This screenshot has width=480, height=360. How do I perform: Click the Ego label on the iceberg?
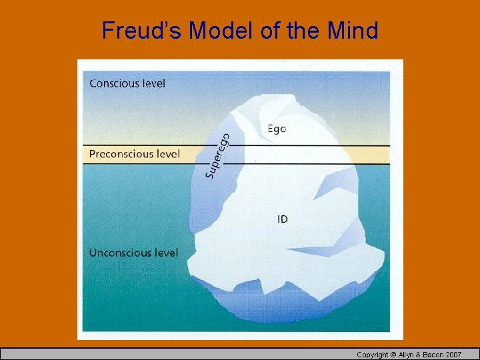click(277, 128)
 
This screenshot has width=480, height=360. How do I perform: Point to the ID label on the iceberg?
click(282, 219)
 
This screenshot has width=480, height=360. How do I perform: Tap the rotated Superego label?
click(217, 156)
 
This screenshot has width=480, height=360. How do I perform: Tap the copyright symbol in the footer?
click(395, 355)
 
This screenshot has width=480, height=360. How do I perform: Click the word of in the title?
click(271, 30)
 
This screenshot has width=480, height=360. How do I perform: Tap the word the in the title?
click(304, 30)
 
